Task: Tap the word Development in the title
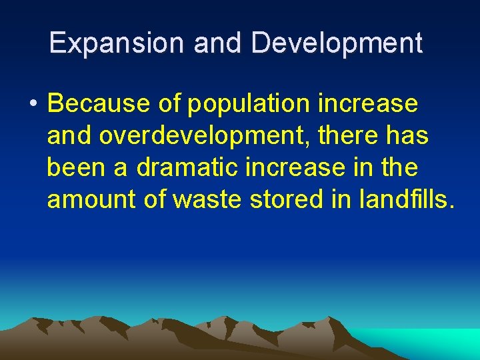pos(337,43)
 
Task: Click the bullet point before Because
pos(32,105)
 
